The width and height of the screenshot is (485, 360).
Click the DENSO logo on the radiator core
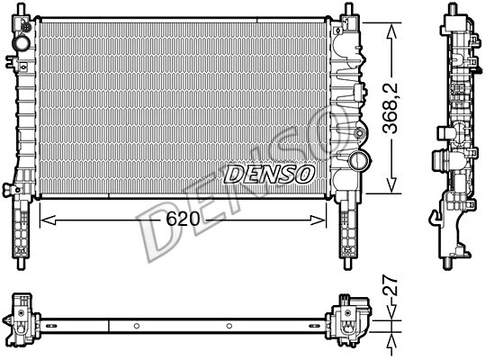(267, 172)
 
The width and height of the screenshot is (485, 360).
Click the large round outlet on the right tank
(359, 163)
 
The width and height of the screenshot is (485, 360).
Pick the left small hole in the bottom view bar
(134, 325)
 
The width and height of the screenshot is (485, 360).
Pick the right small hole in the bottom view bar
(230, 325)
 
